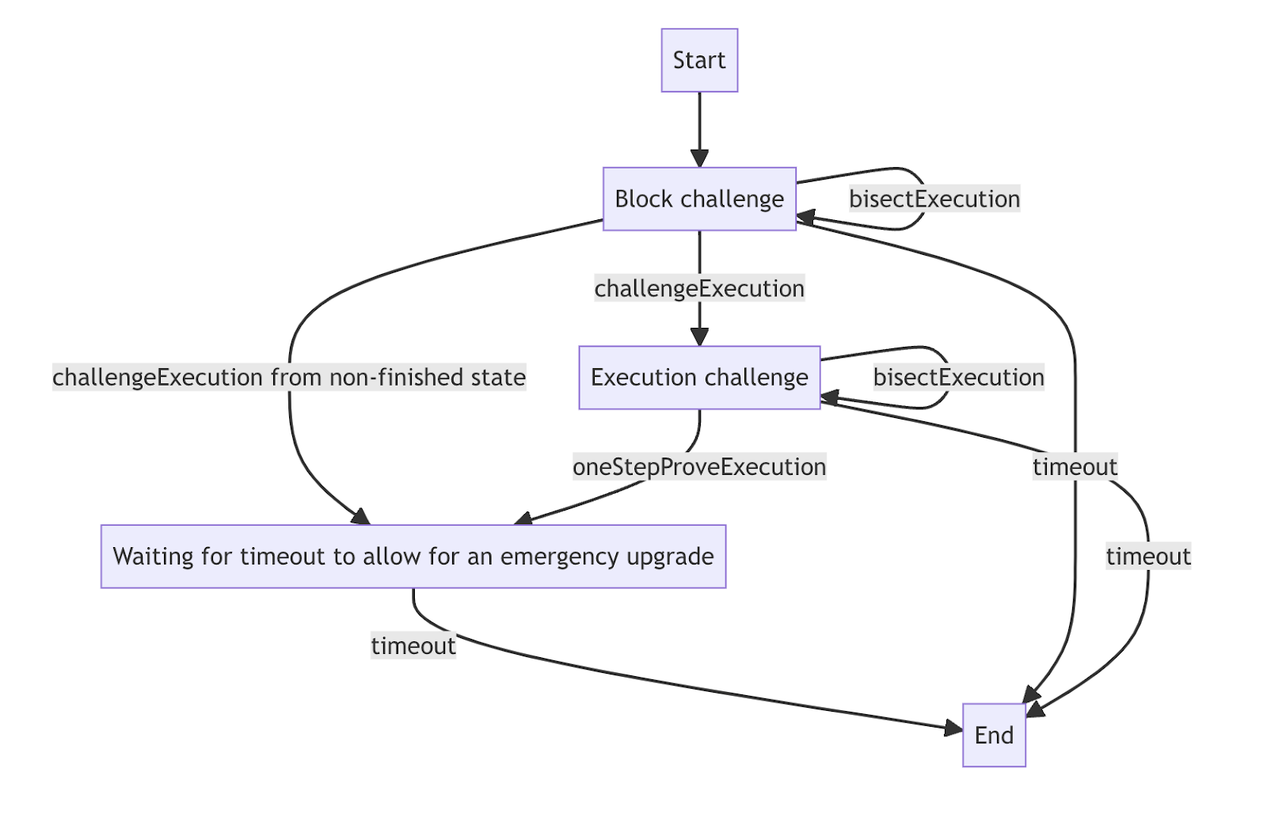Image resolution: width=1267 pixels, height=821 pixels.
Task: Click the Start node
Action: [699, 60]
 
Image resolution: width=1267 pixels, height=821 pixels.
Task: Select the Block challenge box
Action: [699, 199]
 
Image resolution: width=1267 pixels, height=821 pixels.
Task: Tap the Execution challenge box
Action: [699, 378]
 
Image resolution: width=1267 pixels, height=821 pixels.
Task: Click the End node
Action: [994, 735]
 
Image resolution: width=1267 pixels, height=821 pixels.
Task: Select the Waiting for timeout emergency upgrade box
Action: [413, 557]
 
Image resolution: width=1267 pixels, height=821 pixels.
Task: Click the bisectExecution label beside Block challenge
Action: [934, 199]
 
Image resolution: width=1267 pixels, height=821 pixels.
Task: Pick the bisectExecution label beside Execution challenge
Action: [958, 378]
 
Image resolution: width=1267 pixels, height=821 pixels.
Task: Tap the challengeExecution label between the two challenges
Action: [699, 288]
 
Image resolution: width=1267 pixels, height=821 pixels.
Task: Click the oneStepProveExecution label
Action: [699, 467]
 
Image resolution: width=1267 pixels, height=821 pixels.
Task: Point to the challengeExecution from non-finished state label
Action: [289, 378]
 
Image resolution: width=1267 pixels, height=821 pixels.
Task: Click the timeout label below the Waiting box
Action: [413, 646]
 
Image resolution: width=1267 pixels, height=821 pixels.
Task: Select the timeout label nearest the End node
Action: [1148, 557]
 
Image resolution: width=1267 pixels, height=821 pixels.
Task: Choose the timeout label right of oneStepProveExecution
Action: [1075, 467]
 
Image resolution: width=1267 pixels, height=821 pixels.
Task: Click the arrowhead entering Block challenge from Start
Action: [699, 158]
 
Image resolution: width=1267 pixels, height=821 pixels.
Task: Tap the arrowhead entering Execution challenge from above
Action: [699, 336]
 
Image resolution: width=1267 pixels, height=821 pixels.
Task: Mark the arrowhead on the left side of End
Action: [953, 728]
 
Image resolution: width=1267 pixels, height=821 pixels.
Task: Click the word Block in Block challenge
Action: [643, 199]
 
